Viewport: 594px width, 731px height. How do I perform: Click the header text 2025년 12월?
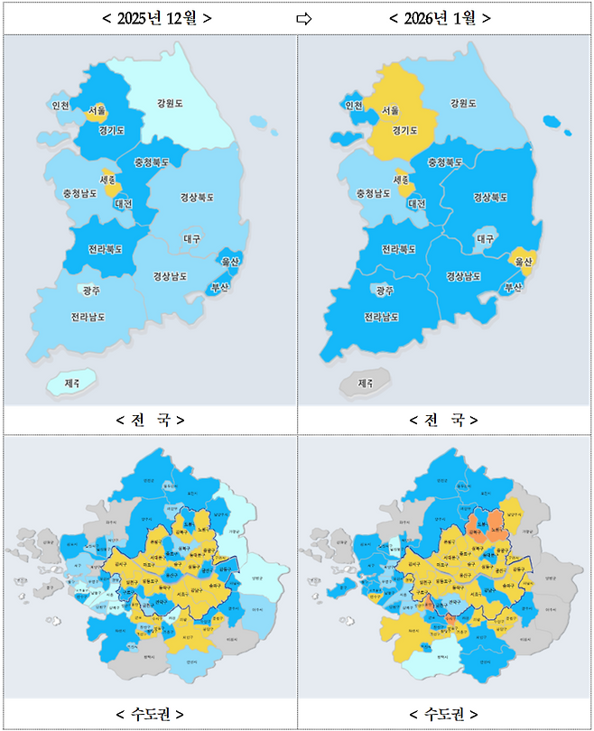pyautogui.click(x=150, y=18)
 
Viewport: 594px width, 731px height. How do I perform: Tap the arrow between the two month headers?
pyautogui.click(x=304, y=18)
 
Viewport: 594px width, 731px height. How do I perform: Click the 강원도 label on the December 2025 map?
pyautogui.click(x=169, y=104)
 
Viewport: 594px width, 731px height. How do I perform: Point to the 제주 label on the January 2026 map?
pyautogui.click(x=366, y=384)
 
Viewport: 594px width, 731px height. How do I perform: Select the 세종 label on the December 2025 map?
pyautogui.click(x=107, y=180)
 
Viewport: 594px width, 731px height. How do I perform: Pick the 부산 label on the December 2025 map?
pyautogui.click(x=220, y=287)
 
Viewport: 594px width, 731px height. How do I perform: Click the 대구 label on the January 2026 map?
pyautogui.click(x=485, y=239)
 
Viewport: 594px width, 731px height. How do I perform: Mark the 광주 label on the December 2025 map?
pyautogui.click(x=90, y=291)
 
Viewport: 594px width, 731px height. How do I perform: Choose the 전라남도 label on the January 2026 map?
pyautogui.click(x=382, y=317)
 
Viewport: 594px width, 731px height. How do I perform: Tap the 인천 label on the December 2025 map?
pyautogui.click(x=61, y=106)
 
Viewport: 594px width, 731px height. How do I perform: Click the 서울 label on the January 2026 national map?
pyautogui.click(x=390, y=110)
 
